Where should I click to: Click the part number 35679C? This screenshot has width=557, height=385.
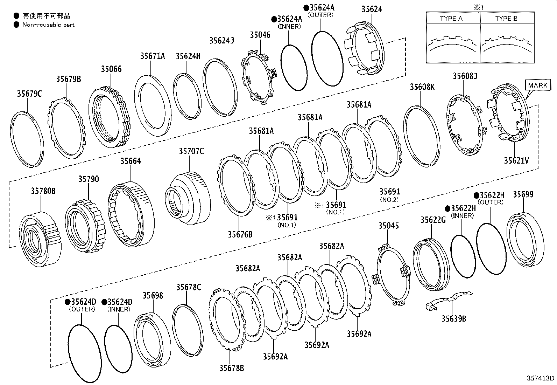(29, 94)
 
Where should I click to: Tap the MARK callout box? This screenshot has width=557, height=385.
(538, 85)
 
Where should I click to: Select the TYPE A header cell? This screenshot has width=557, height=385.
(451, 19)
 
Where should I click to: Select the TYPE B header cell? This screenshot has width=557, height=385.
(506, 19)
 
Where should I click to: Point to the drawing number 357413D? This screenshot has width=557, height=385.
(541, 378)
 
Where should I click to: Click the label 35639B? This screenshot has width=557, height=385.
(453, 318)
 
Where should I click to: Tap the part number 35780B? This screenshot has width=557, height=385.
(43, 191)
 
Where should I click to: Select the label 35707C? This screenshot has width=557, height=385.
(191, 151)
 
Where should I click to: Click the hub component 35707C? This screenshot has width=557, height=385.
(189, 200)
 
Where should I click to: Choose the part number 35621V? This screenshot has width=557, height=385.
(516, 160)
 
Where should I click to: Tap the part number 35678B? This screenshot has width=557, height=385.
(232, 368)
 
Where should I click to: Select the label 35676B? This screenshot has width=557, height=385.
(240, 234)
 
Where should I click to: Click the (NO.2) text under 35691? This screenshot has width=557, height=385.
(389, 199)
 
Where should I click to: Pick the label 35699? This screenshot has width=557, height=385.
(523, 194)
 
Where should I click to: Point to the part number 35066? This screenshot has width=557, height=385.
(111, 69)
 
